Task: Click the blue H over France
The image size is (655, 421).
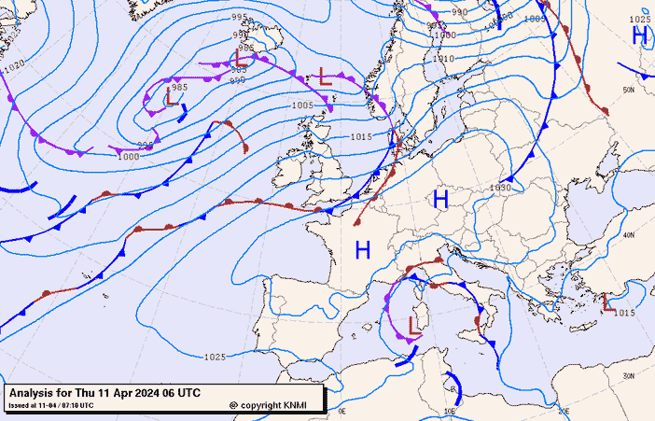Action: (363, 249)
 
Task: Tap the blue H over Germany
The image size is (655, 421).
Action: (440, 198)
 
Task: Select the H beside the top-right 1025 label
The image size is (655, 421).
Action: (640, 35)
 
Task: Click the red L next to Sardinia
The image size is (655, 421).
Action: (412, 323)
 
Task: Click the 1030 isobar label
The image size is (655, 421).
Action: (500, 188)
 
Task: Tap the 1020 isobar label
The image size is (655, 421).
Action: (14, 66)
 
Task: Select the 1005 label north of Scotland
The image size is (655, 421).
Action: (302, 105)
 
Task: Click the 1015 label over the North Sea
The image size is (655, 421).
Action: (362, 136)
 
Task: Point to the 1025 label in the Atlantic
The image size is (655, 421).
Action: (215, 357)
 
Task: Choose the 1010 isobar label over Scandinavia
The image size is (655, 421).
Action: (444, 58)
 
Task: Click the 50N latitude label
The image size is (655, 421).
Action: (629, 91)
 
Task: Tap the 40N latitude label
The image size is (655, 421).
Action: (629, 234)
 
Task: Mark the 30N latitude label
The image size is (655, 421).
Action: (629, 376)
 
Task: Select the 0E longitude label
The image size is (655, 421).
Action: (341, 410)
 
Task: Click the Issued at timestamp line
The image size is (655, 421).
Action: (51, 405)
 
